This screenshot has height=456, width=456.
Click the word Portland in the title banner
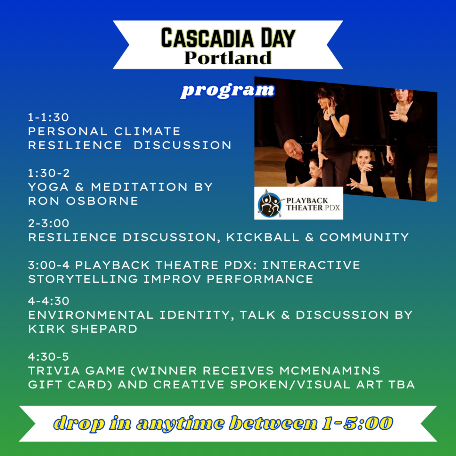tap(228, 58)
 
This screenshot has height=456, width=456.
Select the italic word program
tap(227, 90)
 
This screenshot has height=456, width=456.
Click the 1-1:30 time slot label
tap(48, 118)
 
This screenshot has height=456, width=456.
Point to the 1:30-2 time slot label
tap(49, 173)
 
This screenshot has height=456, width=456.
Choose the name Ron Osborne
tap(83, 201)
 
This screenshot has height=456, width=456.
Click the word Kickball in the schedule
tap(263, 237)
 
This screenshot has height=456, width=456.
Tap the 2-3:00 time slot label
tap(49, 224)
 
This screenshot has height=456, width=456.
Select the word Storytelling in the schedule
tap(83, 279)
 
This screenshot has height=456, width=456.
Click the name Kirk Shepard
tap(82, 329)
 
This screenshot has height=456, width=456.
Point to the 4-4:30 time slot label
tap(49, 301)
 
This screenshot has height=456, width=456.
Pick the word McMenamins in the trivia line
tap(330, 371)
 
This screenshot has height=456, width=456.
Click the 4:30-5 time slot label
tap(48, 357)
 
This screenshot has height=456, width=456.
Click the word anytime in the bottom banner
tap(180, 423)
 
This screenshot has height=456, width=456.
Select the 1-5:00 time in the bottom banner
tap(358, 423)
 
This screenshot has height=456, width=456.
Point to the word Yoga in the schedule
tap(48, 187)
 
